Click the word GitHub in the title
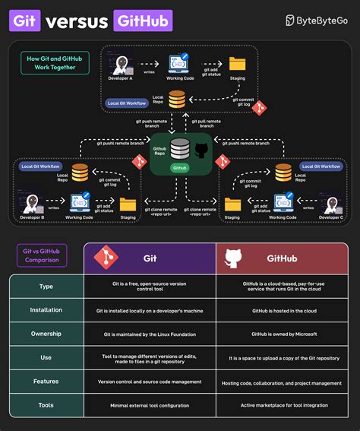point(142,21)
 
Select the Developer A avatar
point(119,62)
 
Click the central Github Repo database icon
point(180,147)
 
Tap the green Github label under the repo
point(180,166)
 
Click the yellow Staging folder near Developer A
point(237,63)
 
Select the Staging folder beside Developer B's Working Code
point(128,204)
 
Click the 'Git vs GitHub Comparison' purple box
point(43,256)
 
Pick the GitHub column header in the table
point(282,258)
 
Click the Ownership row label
point(46,334)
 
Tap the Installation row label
point(46,310)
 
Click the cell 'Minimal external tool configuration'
point(150,404)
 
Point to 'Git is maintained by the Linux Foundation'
point(150,334)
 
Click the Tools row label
point(46,404)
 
